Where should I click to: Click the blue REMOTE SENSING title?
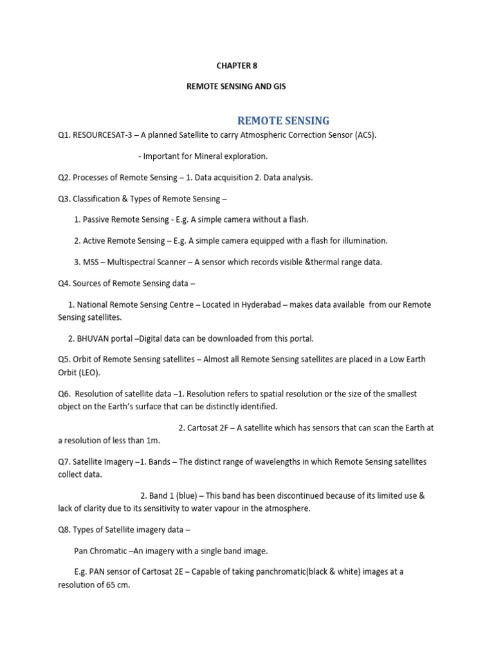coord(284,120)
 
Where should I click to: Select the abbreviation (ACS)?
coord(363,135)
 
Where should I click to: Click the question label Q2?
coord(64,178)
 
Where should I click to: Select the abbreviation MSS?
coord(91,262)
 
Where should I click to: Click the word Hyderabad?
coord(257,304)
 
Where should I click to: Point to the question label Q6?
coord(64,394)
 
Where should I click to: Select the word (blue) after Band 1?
coord(187,496)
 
